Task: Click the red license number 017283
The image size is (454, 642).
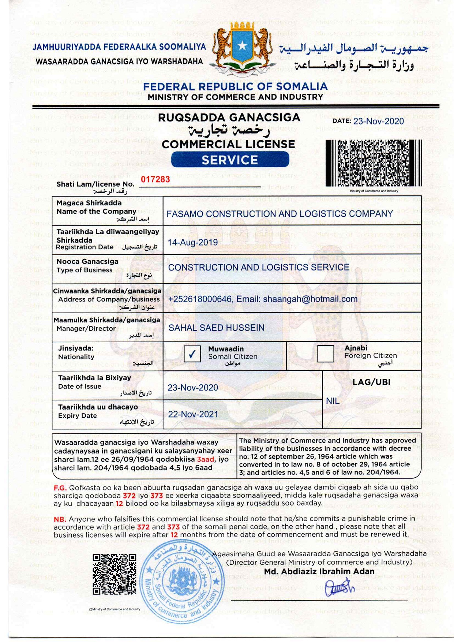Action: [x=155, y=179]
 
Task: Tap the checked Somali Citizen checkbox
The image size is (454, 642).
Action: [x=192, y=354]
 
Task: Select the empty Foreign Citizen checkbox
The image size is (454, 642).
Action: [x=326, y=354]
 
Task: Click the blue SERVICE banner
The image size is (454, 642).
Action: [x=230, y=160]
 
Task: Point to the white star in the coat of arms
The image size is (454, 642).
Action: [x=242, y=46]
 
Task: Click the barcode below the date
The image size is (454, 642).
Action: [x=373, y=163]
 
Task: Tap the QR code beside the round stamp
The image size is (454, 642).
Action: [x=114, y=574]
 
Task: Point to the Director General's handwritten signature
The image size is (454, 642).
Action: [x=339, y=587]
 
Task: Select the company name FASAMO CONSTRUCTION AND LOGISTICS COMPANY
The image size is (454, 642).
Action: [x=279, y=214]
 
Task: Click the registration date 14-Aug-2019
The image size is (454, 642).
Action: [x=193, y=242]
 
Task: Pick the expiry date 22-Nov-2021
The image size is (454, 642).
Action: [x=193, y=414]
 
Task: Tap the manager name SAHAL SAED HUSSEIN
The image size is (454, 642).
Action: [x=216, y=328]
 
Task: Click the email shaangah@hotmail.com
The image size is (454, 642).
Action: [x=310, y=299]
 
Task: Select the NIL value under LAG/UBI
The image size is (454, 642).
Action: [x=333, y=401]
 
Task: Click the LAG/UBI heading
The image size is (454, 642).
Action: [x=371, y=382]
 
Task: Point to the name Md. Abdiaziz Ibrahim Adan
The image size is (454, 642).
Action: [x=319, y=571]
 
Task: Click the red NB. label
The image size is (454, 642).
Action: [x=60, y=519]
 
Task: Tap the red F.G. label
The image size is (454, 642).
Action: [x=60, y=488]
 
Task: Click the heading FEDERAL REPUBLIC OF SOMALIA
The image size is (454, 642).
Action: [x=235, y=87]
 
